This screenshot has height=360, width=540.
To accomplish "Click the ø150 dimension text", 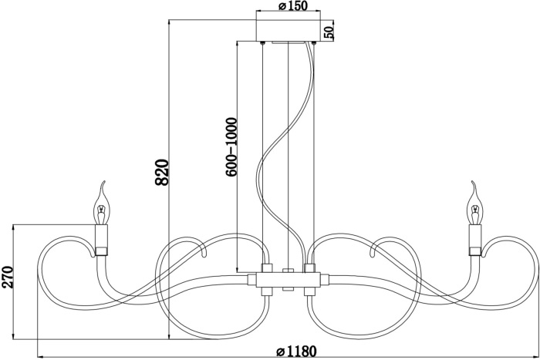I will (287, 7).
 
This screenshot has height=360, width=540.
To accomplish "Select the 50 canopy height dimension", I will (329, 32).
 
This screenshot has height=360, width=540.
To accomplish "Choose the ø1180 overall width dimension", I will (296, 352).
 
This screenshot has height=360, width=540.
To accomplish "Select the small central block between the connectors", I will (288, 272).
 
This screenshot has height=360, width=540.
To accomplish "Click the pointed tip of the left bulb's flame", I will (103, 183).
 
